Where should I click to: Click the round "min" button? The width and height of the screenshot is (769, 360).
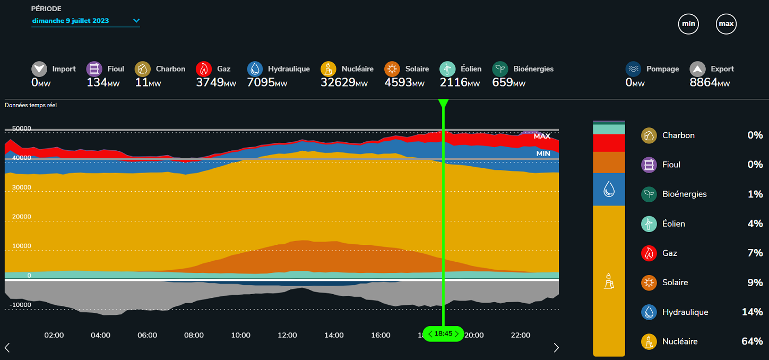pyautogui.click(x=688, y=24)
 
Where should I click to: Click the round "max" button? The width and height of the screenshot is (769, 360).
pyautogui.click(x=726, y=24)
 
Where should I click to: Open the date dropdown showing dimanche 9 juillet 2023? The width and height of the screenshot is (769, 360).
pyautogui.click(x=85, y=21)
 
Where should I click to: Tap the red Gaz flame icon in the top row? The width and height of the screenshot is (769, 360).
pyautogui.click(x=204, y=69)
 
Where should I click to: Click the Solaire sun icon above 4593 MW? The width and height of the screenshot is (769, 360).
pyautogui.click(x=392, y=69)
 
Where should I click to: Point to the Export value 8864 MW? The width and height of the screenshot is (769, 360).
pyautogui.click(x=710, y=82)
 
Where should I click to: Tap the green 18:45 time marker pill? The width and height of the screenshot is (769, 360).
pyautogui.click(x=443, y=333)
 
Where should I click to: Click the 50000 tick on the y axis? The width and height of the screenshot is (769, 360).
pyautogui.click(x=21, y=128)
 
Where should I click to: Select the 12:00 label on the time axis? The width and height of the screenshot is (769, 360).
pyautogui.click(x=287, y=335)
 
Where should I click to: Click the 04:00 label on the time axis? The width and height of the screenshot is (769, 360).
pyautogui.click(x=100, y=335)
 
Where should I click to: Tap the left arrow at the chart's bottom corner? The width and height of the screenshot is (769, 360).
pyautogui.click(x=7, y=348)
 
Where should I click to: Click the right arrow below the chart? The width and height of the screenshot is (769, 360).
pyautogui.click(x=556, y=348)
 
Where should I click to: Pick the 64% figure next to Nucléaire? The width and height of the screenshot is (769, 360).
pyautogui.click(x=751, y=341)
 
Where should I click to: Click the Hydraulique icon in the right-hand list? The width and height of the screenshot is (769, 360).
pyautogui.click(x=649, y=312)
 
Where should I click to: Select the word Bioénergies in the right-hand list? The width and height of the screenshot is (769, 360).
pyautogui.click(x=684, y=194)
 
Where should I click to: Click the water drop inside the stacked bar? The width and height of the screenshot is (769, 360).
pyautogui.click(x=609, y=188)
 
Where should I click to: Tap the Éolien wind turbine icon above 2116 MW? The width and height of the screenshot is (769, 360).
pyautogui.click(x=447, y=69)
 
